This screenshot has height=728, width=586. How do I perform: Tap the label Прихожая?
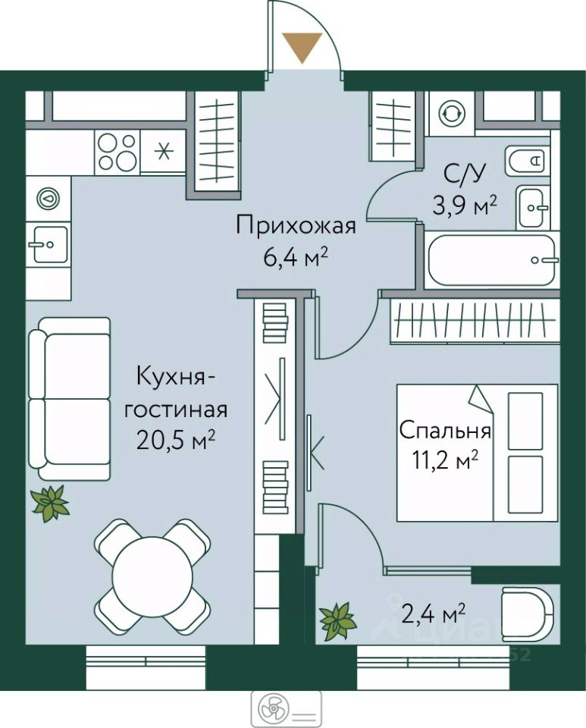coord(296,227)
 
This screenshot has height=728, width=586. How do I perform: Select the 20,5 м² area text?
coord(176,440)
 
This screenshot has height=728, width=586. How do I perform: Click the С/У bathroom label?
coord(465,174)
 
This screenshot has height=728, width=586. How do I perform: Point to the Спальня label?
coord(444,431)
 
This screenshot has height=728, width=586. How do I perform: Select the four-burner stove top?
coord(118,152)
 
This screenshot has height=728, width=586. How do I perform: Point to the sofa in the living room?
coord(70,398)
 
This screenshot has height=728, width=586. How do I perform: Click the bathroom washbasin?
coord(534,208)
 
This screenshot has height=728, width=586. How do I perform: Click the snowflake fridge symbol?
coord(163,152)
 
